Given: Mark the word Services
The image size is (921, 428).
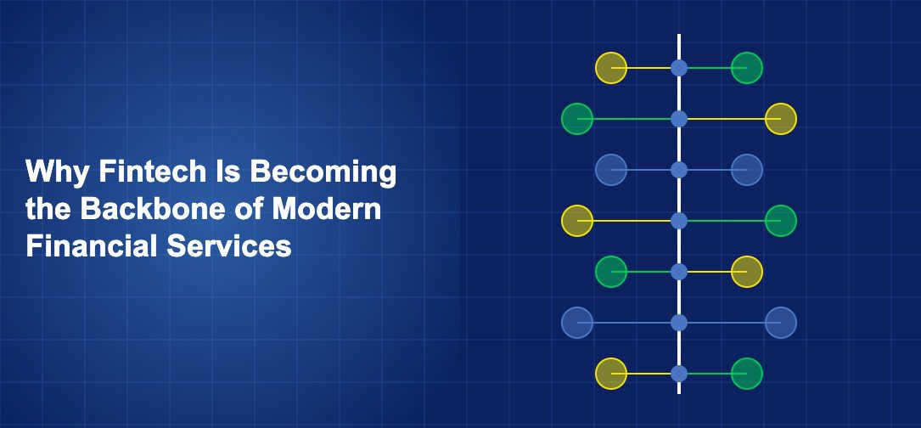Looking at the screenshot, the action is (229, 246).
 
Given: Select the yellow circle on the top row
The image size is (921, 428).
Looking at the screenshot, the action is (611, 68).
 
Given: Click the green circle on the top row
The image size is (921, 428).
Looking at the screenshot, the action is (746, 68).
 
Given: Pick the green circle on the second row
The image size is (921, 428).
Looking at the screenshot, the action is (577, 119).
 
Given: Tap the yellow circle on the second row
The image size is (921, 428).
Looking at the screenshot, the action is (781, 119).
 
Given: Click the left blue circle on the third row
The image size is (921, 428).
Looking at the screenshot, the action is (611, 170).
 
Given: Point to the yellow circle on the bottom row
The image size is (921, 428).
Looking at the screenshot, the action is (611, 374).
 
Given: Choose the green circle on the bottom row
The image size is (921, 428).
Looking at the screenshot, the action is (746, 374).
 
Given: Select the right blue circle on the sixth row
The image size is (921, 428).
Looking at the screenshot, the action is (781, 323).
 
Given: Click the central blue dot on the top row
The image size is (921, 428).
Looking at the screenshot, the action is (679, 68).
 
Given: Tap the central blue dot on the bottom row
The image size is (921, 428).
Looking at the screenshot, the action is (679, 374).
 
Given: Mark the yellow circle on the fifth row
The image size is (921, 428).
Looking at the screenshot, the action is (746, 272).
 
